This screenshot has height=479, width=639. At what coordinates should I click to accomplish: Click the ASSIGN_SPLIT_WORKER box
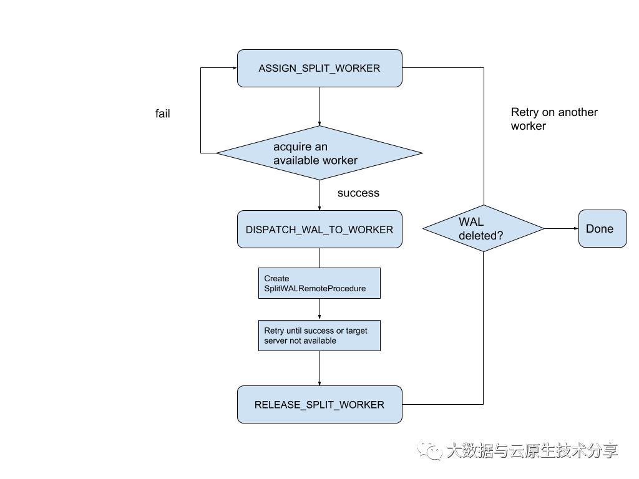[319, 69]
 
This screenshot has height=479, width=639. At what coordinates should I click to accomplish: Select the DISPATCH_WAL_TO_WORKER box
[319, 230]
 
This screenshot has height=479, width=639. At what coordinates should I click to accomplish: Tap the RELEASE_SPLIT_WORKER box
[319, 405]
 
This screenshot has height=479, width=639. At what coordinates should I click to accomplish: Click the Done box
[602, 229]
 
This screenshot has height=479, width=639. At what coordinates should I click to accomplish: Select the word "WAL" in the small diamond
[471, 222]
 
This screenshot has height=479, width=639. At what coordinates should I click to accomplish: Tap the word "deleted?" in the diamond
[480, 236]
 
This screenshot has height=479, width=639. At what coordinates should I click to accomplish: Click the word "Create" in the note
[276, 279]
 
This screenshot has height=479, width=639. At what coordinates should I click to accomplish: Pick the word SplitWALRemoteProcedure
[315, 289]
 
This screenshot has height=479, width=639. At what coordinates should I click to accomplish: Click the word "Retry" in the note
[274, 331]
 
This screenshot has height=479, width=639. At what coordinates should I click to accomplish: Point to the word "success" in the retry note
[318, 331]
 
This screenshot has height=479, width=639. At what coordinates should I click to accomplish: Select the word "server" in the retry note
[276, 341]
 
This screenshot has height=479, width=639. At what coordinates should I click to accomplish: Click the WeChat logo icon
[429, 449]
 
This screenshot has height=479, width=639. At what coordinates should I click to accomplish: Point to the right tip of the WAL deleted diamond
[543, 229]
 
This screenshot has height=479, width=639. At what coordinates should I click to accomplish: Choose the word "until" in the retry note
[294, 331]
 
